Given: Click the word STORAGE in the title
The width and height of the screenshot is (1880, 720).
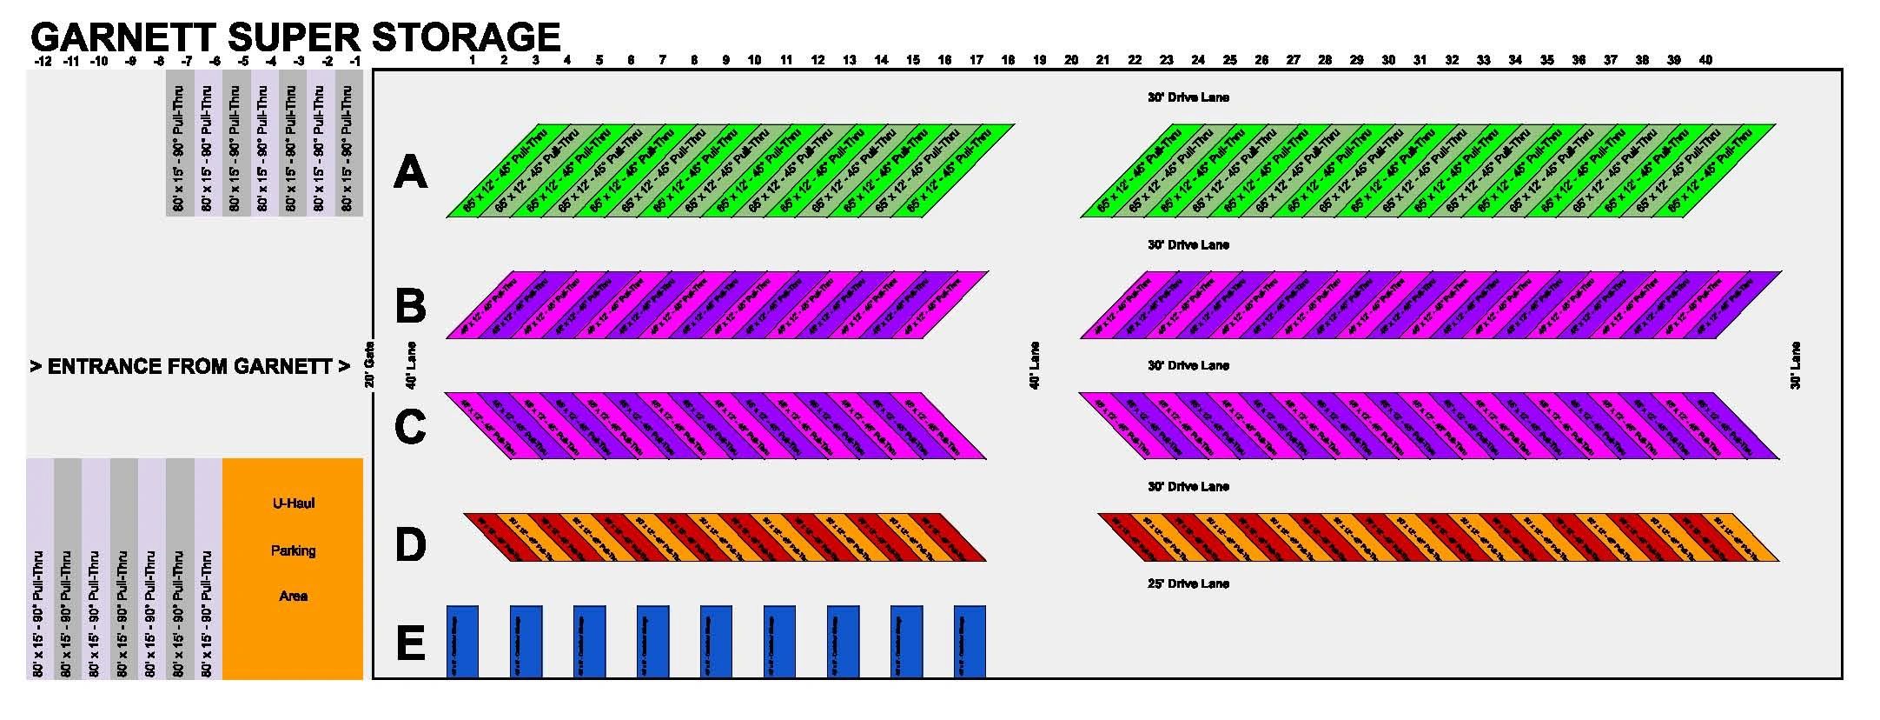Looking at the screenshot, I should click(x=466, y=37).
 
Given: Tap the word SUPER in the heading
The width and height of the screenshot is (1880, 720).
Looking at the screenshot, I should click(x=294, y=37).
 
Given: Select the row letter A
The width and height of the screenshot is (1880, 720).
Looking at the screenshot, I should click(x=410, y=171).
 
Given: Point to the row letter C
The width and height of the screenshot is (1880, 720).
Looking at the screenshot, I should click(x=410, y=426).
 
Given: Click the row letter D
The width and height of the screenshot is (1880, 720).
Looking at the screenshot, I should click(x=410, y=545).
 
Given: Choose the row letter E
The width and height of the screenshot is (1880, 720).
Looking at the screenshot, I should click(x=410, y=643).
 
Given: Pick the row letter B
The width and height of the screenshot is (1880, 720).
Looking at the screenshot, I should click(x=410, y=306).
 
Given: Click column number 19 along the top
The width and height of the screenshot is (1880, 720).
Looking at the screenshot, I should click(x=1039, y=60).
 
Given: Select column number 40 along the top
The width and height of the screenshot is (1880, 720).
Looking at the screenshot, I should click(x=1705, y=60).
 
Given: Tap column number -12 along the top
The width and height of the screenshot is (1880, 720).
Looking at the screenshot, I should click(x=42, y=61).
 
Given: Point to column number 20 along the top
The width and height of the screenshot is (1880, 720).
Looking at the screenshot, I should click(x=1071, y=60).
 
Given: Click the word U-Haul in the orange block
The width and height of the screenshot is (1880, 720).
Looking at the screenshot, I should click(x=293, y=503).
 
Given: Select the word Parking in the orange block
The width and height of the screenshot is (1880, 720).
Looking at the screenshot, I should click(x=293, y=550).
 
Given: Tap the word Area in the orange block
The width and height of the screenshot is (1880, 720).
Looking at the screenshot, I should click(x=293, y=597).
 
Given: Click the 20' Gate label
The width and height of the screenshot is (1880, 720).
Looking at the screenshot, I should click(x=369, y=364).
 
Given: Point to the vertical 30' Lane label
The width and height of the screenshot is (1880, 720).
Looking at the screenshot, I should click(x=1795, y=365).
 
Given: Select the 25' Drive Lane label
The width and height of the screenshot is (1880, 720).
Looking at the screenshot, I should click(x=1188, y=583).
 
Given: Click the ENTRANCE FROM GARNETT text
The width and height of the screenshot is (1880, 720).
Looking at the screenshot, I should click(x=190, y=366).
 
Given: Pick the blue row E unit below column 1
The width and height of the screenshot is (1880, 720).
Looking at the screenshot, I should click(x=462, y=642).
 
